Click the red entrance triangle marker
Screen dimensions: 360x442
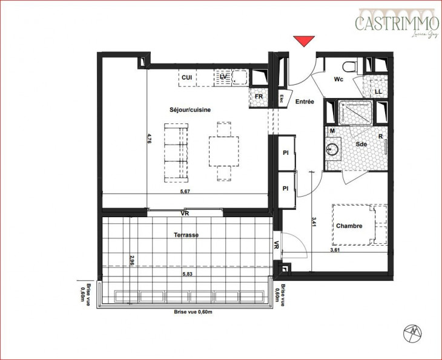(304, 41)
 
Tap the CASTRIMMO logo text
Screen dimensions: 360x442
(397, 23)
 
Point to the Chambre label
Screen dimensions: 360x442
(349, 226)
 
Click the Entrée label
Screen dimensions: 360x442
(305, 102)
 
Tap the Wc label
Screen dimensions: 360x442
(338, 79)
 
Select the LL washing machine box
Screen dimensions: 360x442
(378, 91)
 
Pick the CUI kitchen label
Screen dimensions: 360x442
(187, 77)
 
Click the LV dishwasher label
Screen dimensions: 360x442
(223, 77)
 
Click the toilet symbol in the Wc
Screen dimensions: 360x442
(350, 65)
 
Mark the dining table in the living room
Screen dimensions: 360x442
(223, 151)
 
